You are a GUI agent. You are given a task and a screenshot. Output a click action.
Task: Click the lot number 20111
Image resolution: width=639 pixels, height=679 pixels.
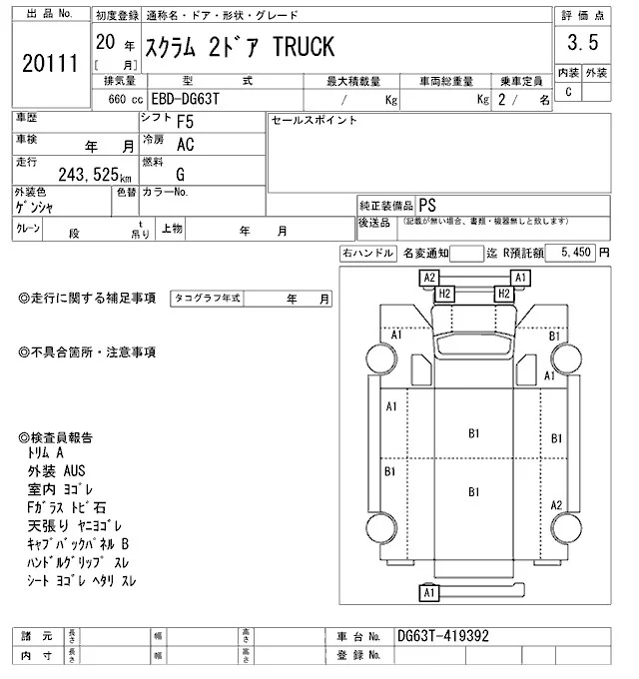click(x=50, y=63)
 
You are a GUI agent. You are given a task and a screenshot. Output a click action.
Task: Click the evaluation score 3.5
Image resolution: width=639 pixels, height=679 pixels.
click(x=583, y=42)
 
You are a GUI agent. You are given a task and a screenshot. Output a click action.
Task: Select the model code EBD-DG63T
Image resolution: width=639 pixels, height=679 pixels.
click(x=186, y=99)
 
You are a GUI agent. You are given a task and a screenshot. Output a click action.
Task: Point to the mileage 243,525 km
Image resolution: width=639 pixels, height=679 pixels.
click(x=95, y=175)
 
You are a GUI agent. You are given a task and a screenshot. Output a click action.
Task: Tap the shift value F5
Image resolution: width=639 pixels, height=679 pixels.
click(x=186, y=122)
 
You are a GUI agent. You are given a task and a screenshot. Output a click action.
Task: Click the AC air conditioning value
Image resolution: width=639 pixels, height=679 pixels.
click(x=186, y=145)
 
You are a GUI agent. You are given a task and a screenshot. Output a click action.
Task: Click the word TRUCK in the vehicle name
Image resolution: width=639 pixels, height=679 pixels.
click(x=304, y=47)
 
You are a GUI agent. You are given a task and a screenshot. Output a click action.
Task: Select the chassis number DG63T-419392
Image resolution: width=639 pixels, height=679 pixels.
click(x=443, y=636)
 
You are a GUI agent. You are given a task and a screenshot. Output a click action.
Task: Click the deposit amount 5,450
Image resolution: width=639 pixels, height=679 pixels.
click(x=576, y=252)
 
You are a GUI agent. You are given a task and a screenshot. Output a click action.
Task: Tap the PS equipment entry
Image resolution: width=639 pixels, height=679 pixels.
click(x=427, y=206)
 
